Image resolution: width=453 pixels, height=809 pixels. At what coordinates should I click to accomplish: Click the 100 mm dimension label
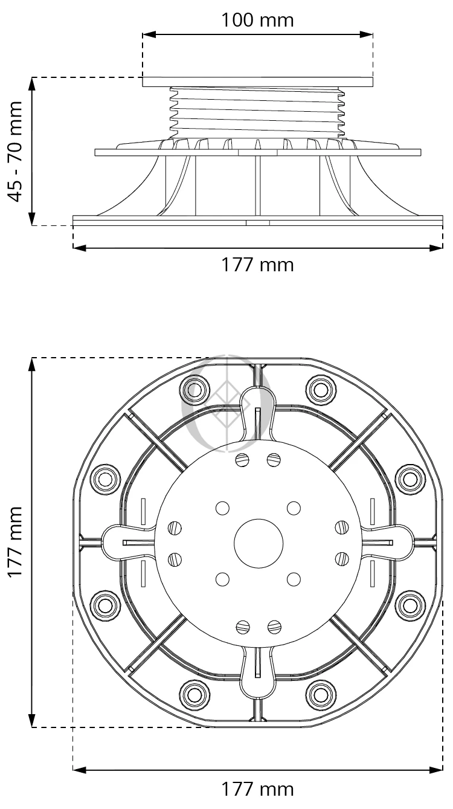[x=257, y=20]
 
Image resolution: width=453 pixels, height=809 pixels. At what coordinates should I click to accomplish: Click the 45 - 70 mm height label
[x=16, y=151]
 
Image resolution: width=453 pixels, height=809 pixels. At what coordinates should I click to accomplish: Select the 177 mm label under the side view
[x=257, y=265]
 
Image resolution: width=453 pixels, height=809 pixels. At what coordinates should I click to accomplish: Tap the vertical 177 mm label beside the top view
[x=16, y=542]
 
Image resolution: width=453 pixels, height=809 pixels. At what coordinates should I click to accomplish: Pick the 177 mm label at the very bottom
[x=257, y=789]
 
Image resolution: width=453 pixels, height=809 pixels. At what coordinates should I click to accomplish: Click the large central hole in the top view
[x=259, y=543]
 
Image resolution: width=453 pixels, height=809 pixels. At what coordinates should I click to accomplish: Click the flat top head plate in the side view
[x=257, y=82]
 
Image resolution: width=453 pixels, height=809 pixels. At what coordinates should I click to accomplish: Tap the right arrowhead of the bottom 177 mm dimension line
[x=436, y=770]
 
